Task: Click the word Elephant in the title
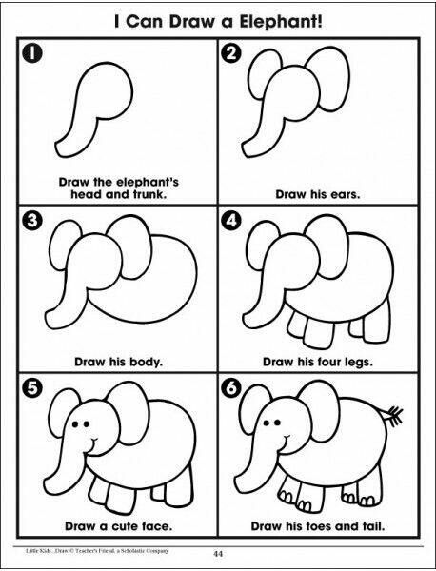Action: (x=281, y=22)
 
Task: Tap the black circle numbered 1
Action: (x=32, y=53)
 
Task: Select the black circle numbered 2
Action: (x=231, y=53)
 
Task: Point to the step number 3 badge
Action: (x=32, y=221)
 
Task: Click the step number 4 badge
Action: (x=231, y=221)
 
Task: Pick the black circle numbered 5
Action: (x=32, y=388)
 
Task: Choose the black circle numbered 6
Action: (x=231, y=388)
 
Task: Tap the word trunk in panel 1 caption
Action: (x=149, y=194)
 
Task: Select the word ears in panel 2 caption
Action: (x=346, y=194)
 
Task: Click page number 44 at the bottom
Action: (x=218, y=554)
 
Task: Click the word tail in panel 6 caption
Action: (x=372, y=526)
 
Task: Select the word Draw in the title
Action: (x=193, y=22)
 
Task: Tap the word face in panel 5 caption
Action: (x=158, y=526)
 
